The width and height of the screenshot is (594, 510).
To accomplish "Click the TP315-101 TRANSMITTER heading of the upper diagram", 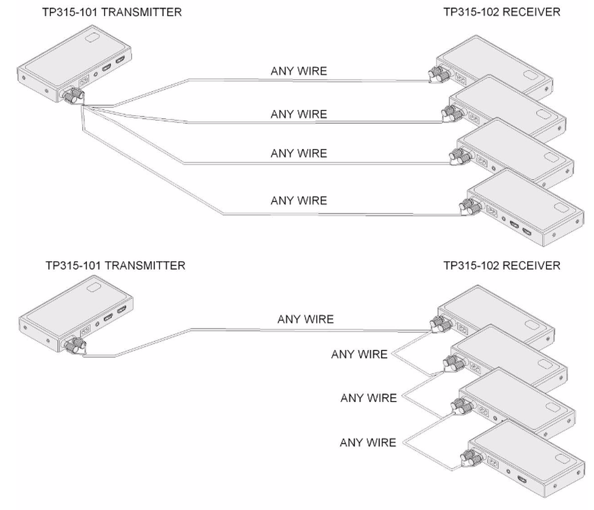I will coord(112,12).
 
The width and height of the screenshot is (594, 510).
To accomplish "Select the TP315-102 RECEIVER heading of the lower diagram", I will coord(501,266).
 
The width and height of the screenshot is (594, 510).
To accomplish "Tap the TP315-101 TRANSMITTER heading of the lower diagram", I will coord(115,266).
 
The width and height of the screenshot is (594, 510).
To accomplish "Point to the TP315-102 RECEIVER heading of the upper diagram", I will coord(501,12).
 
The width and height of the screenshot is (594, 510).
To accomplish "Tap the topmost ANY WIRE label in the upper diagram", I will coord(298,71).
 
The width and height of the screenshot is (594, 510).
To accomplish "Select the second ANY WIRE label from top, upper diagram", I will coord(298,114).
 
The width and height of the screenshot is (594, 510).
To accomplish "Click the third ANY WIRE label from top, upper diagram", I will coord(298,153).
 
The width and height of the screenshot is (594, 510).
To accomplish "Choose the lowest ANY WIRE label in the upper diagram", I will coord(298,201).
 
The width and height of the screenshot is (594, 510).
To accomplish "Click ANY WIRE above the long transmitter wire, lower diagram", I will coord(305,320).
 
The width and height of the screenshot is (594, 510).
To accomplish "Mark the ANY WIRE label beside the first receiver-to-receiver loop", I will coord(359,355).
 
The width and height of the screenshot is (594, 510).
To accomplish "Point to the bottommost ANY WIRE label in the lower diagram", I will coord(368,443).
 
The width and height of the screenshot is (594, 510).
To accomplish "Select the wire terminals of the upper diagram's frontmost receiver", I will coord(468,206).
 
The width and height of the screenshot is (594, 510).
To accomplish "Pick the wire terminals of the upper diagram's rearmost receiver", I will coord(439,75).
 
